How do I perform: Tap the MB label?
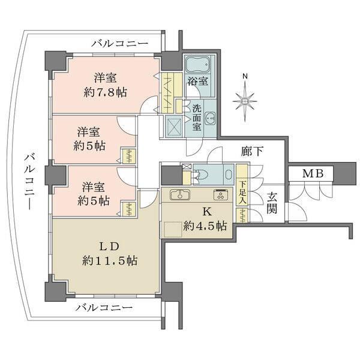(x=312, y=174)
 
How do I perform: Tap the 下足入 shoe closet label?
(x=242, y=193)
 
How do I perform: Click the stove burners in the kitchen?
(x=220, y=195)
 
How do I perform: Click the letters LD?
(x=112, y=245)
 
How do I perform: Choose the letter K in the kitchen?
(x=206, y=211)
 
